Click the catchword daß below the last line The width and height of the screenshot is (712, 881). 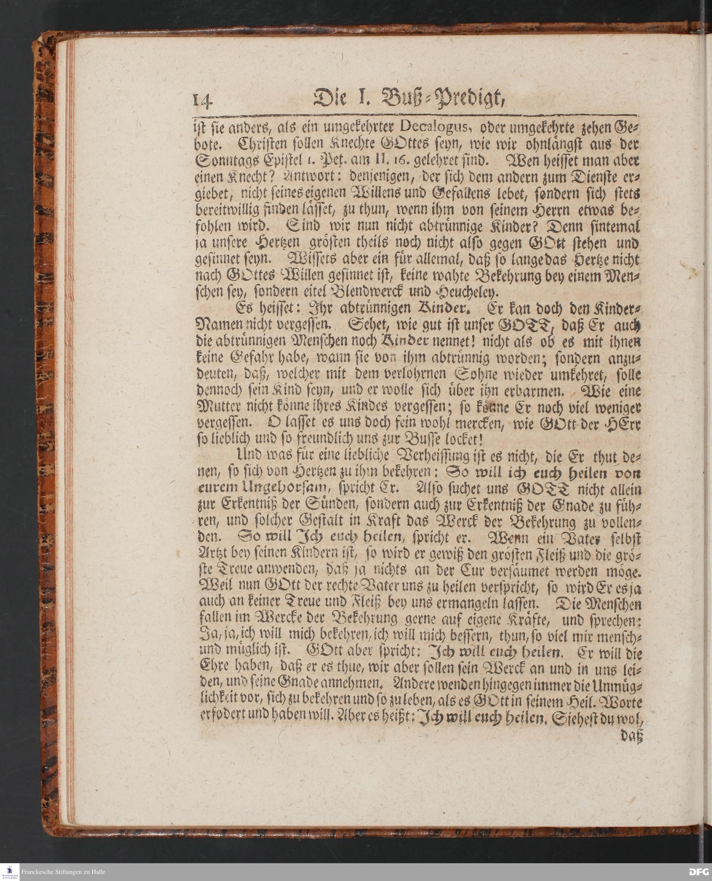631,737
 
